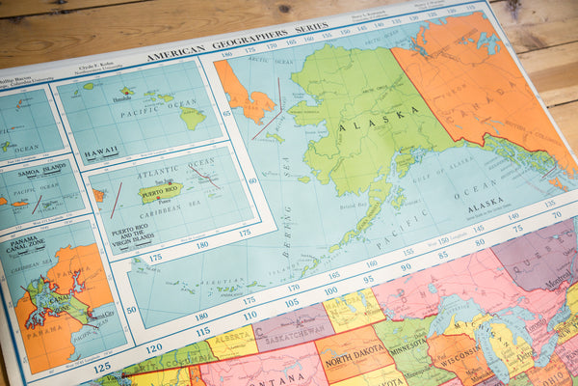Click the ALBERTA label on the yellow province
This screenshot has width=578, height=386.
233,341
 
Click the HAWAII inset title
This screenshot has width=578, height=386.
102,153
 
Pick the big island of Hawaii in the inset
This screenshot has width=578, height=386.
193,118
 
